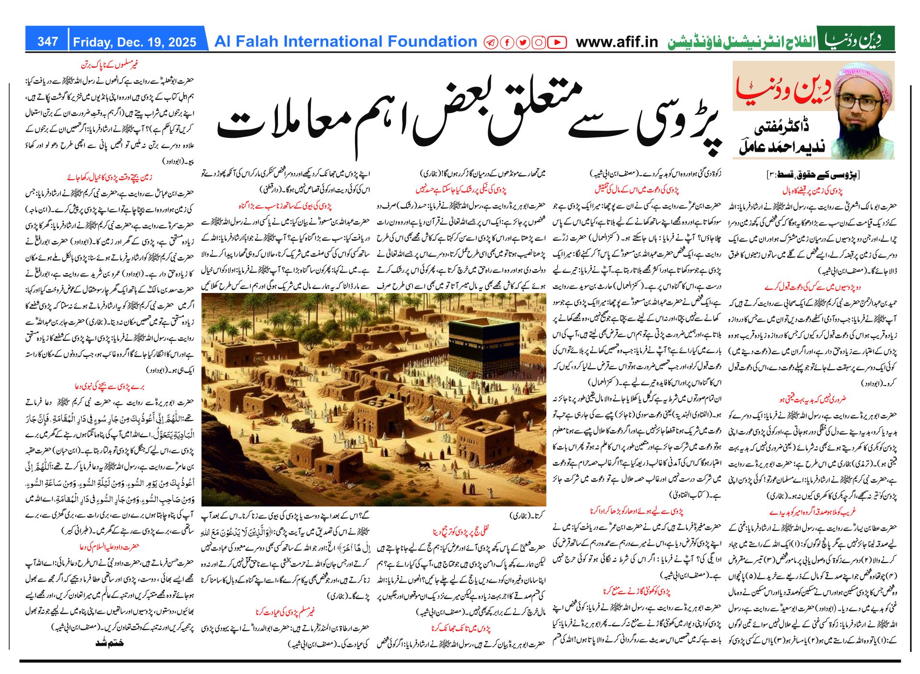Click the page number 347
point(47,42)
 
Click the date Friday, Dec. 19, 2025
point(135,42)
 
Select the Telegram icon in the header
point(491,43)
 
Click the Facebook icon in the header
point(506,43)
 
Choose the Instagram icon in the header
point(539,43)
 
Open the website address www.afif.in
point(617,42)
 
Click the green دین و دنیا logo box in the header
point(856,39)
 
